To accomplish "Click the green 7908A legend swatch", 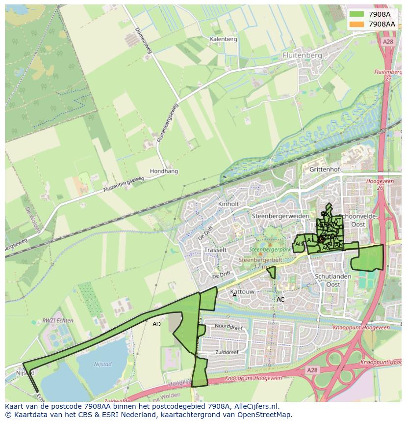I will coord(356,14).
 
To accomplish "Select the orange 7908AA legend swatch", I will coord(356,24).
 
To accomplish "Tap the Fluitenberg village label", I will coord(302,56).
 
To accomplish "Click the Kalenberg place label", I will coord(223,39).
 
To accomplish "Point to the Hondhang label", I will coord(164,171).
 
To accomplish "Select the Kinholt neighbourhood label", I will coord(228,204).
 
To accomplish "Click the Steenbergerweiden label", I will coord(280,216).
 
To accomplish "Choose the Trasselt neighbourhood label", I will coord(215,250).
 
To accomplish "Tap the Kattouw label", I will coord(242,292).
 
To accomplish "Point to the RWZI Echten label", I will coord(58,321).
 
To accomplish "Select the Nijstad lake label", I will coord(101,365).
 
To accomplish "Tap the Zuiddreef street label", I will coord(228,353).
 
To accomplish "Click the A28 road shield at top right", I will coord(388,42).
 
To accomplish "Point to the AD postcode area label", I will coord(156,324).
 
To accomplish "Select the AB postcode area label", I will coord(299,244).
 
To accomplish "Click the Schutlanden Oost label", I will coord(333,281).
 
